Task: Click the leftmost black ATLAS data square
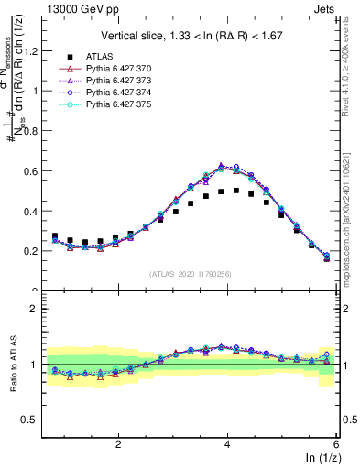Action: pos(55,236)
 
